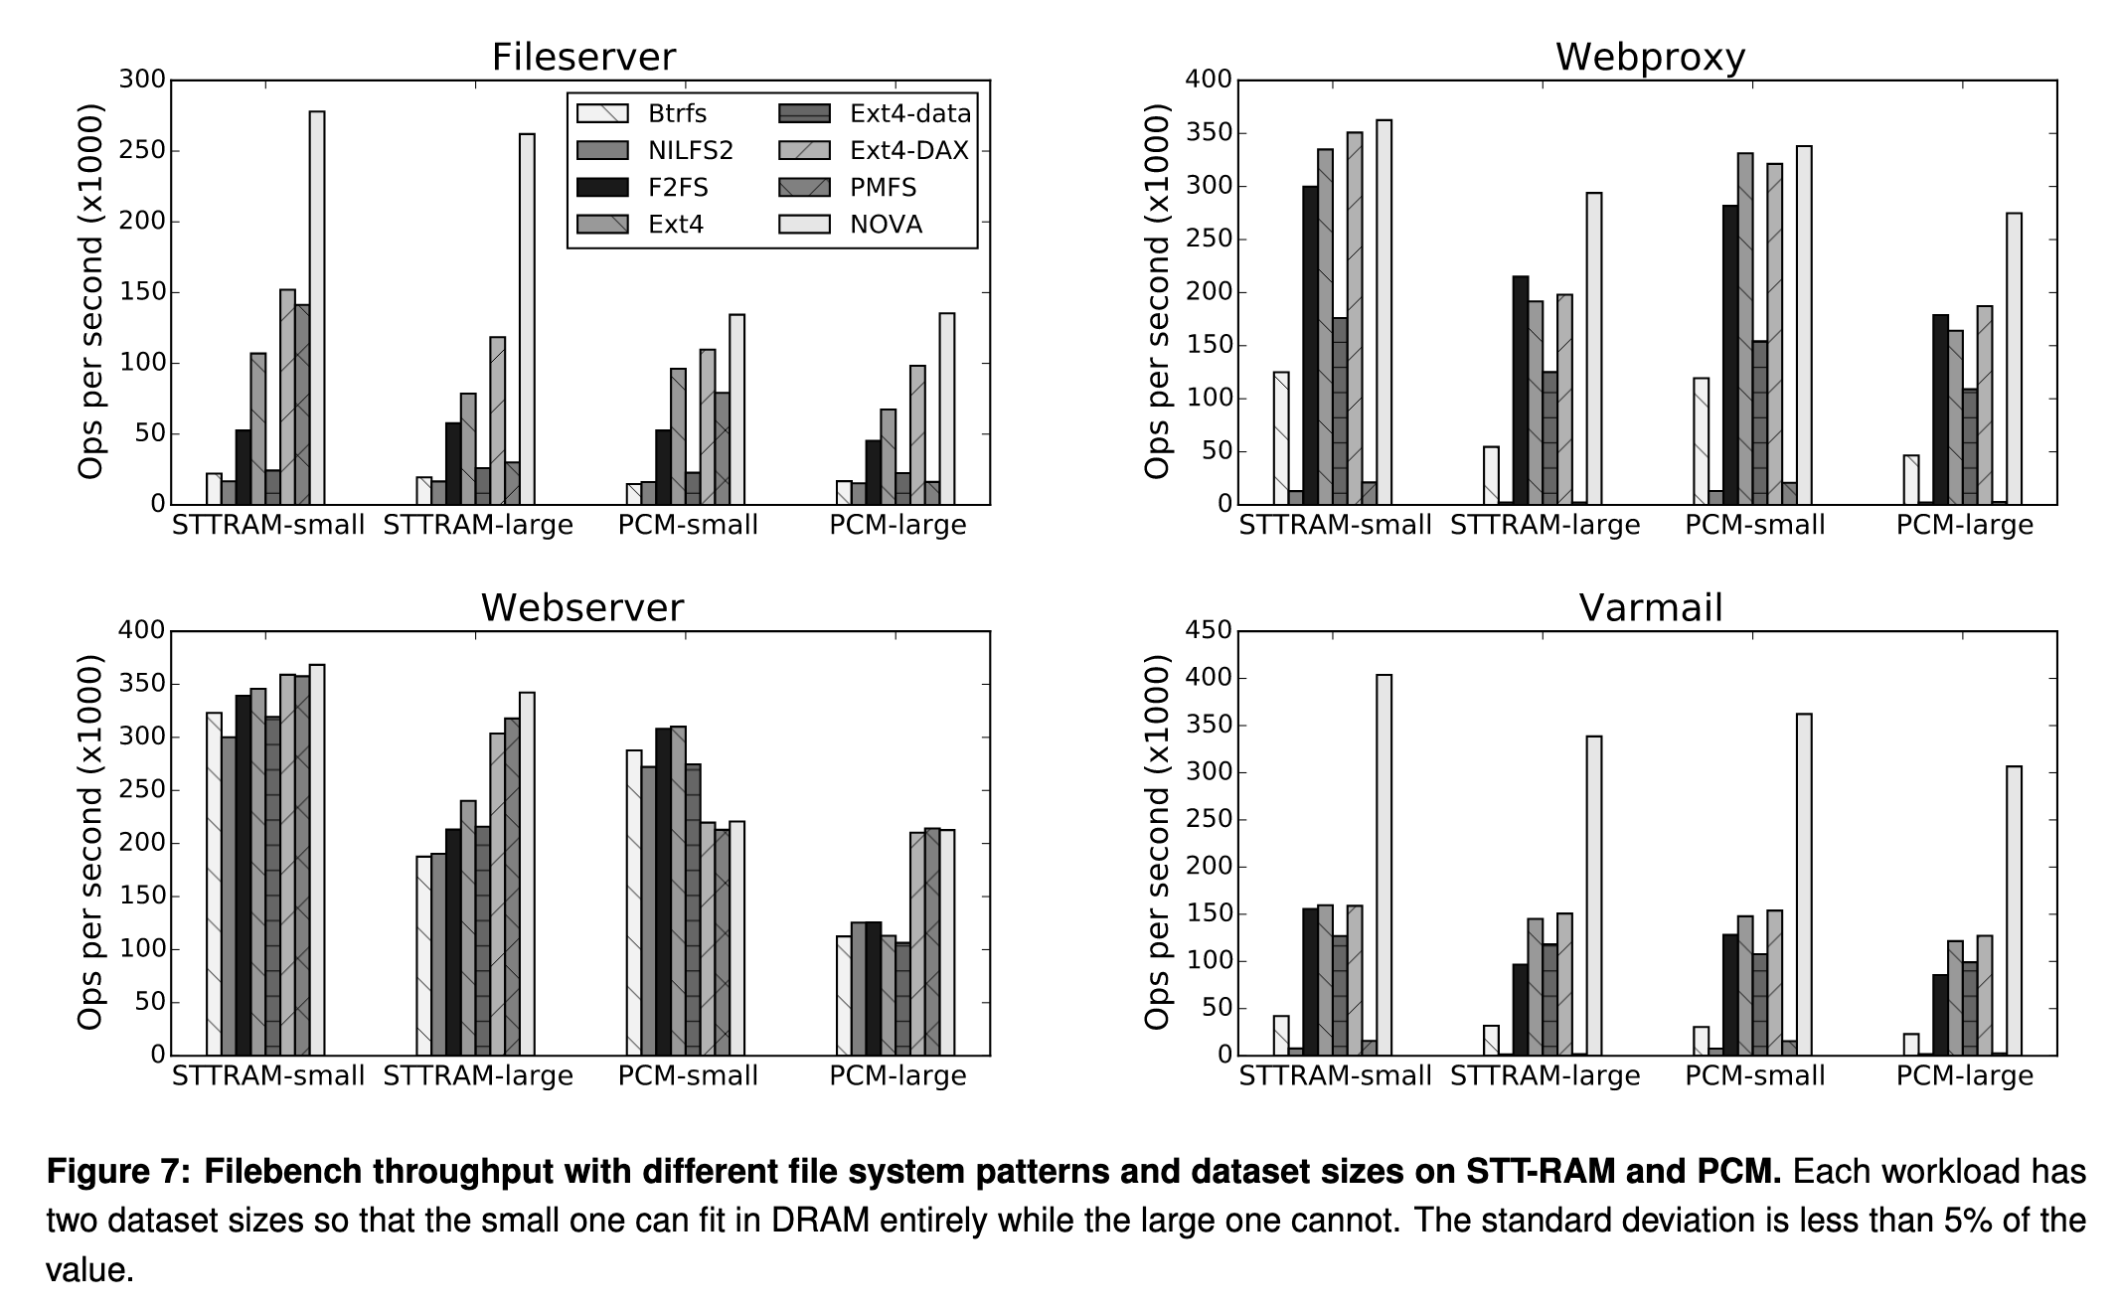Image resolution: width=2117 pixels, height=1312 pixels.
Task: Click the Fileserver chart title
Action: click(583, 57)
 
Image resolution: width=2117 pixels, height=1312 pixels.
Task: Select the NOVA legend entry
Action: click(886, 225)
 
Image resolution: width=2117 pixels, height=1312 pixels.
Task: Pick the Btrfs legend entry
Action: click(677, 113)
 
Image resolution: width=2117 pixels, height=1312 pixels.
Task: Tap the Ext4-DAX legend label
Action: click(909, 150)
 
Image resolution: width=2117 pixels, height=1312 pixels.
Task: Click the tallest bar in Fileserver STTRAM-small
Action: click(317, 308)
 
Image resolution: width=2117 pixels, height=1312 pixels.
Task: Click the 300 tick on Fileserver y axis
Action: click(142, 80)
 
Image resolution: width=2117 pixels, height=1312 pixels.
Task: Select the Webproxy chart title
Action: click(1650, 57)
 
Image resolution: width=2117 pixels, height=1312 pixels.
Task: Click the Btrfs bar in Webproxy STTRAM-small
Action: click(1281, 438)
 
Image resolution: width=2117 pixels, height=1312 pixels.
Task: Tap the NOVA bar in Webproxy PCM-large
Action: click(2014, 358)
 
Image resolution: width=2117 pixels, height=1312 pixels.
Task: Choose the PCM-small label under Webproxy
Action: click(1755, 525)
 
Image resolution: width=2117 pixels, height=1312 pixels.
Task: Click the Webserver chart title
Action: click(582, 607)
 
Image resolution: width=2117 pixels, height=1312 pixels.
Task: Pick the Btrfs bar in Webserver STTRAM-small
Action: click(214, 884)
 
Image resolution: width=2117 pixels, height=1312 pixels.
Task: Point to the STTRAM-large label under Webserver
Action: click(478, 1075)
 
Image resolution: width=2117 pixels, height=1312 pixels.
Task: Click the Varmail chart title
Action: click(1650, 607)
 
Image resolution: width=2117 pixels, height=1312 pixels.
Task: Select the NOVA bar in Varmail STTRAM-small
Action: click(1384, 865)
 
